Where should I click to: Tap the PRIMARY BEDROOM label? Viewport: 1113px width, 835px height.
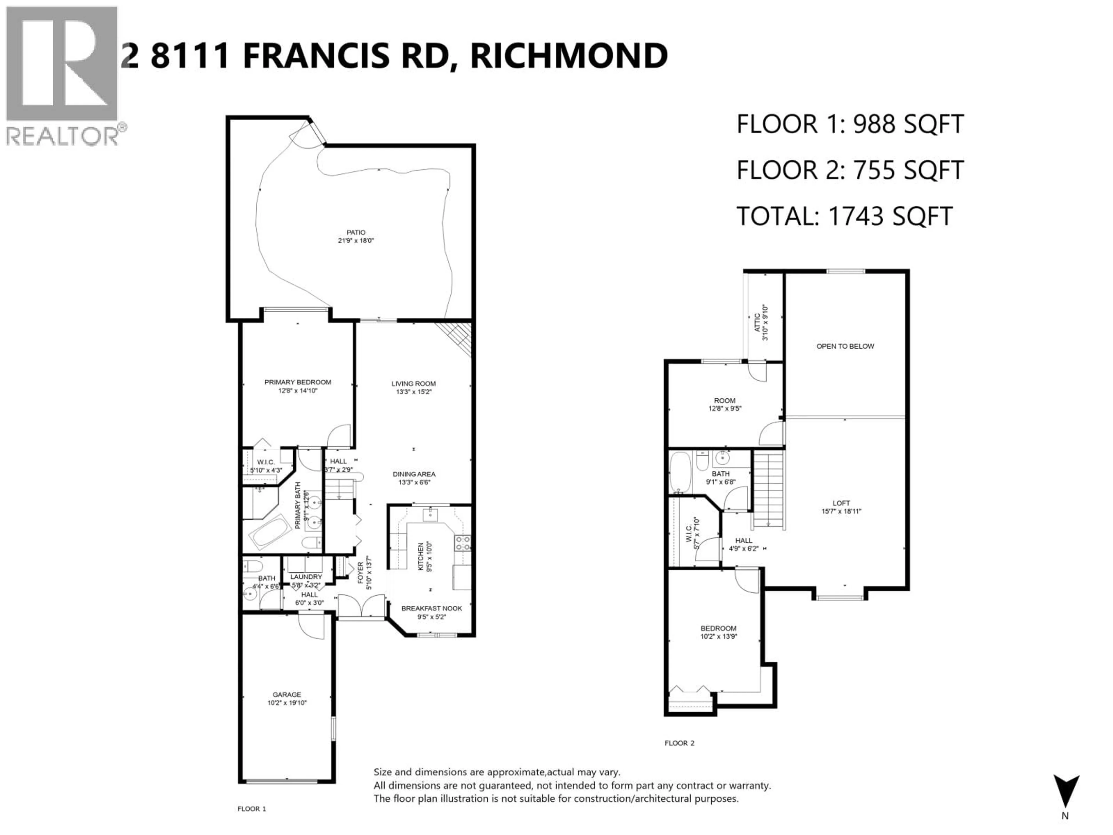pos(298,382)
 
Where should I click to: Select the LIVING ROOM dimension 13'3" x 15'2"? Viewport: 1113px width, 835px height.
pos(414,392)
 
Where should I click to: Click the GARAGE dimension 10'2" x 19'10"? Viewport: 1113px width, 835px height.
pos(287,703)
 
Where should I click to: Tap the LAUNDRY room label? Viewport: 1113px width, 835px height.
pos(306,576)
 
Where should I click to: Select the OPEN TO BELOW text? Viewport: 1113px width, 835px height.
pos(845,346)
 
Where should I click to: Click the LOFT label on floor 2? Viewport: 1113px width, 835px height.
pos(841,503)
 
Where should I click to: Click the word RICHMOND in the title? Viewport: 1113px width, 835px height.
pos(569,56)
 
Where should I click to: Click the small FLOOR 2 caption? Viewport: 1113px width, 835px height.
pos(679,743)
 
